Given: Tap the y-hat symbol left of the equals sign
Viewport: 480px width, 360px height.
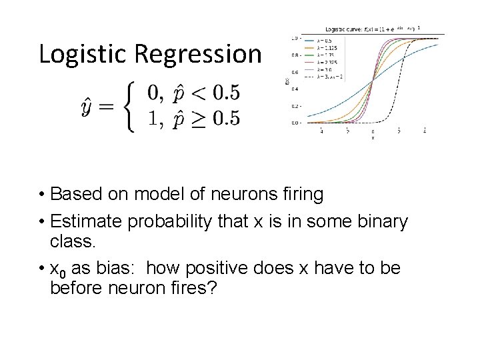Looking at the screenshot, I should tap(89, 107).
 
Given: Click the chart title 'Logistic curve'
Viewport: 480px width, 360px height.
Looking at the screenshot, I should tap(344, 29).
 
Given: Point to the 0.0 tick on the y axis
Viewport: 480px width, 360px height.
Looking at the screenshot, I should tap(293, 123).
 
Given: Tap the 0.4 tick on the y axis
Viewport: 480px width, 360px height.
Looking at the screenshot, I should tap(293, 89).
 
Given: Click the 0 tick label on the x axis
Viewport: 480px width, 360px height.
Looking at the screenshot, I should tap(373, 132).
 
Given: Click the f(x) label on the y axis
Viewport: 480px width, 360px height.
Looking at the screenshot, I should tap(287, 81).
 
